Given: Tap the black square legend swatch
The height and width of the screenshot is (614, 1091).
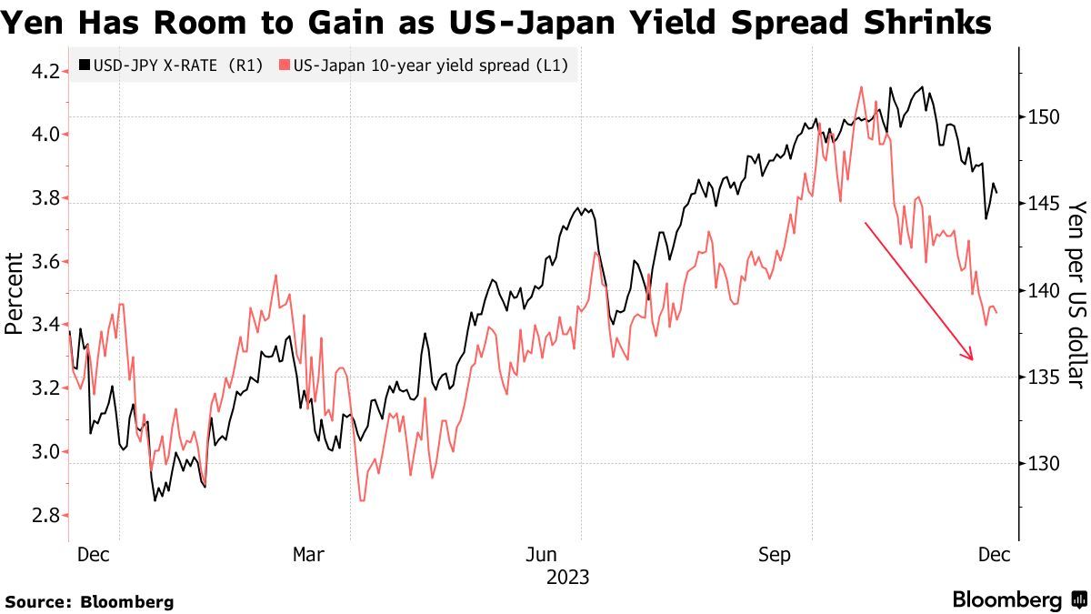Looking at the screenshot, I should [85, 65].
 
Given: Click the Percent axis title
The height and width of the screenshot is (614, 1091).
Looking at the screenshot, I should [15, 291].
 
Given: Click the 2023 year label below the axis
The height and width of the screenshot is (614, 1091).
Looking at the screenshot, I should [567, 578].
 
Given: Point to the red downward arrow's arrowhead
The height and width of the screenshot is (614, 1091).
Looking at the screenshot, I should [971, 357].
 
